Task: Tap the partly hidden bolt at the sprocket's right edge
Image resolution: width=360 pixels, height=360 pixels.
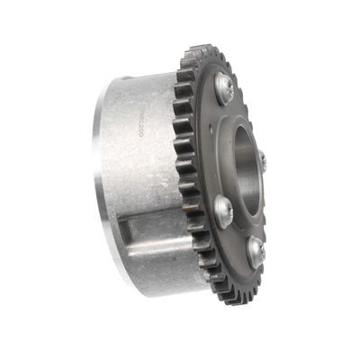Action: (x=263, y=162)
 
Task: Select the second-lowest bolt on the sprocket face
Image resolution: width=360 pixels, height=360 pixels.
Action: (x=223, y=211)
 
